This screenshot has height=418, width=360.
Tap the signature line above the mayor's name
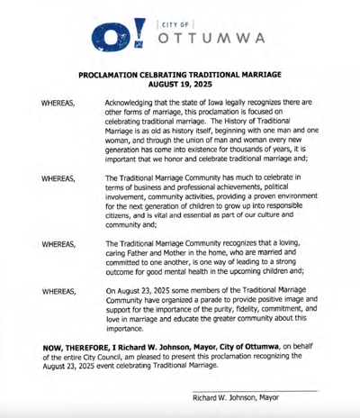pos(256,390)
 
